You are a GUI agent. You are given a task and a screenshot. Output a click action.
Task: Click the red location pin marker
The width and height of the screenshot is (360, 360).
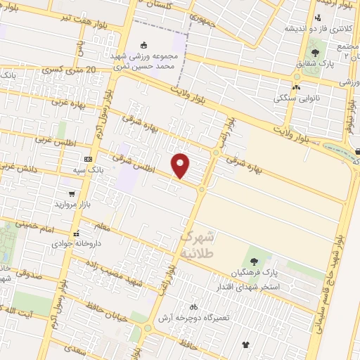coord(181,165)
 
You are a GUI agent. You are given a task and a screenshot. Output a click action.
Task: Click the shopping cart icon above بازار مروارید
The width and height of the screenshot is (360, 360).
coord(72,193)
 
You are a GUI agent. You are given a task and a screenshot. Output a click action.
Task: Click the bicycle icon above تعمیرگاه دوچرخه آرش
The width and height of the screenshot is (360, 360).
coord(193,307)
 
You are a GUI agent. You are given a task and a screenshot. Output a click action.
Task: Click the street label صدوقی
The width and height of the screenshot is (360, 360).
coord(27,276)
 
